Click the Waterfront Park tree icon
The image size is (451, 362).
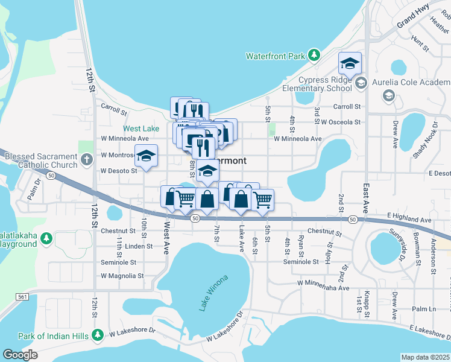(314, 56)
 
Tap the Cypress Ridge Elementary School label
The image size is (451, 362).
(325, 84)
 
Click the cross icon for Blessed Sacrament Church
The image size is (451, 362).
(86, 160)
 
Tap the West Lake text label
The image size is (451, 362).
(141, 129)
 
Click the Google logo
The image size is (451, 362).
(20, 355)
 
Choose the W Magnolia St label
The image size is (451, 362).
(122, 276)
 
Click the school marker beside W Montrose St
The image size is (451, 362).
(145, 156)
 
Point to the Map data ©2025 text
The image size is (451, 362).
(426, 357)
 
